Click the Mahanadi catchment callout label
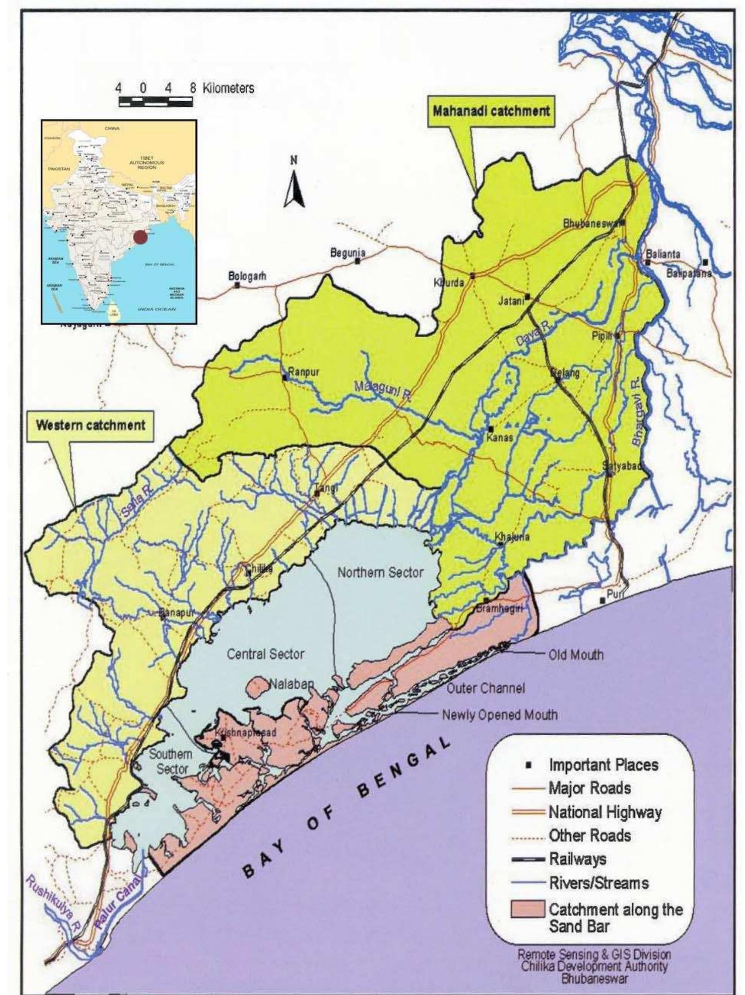pyautogui.click(x=491, y=111)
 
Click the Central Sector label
pyautogui.click(x=265, y=653)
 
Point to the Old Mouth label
pyautogui.click(x=576, y=654)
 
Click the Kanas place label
pyautogui.click(x=499, y=437)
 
